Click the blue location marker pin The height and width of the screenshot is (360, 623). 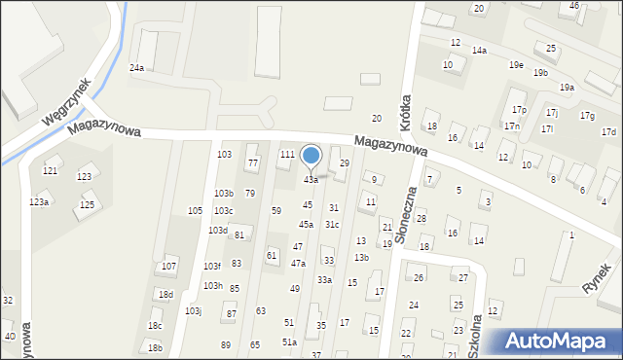(x=311, y=157)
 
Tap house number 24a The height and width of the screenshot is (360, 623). (x=137, y=67)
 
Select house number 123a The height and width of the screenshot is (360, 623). (x=39, y=201)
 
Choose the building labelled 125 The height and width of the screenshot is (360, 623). (x=87, y=204)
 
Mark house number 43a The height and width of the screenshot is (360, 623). (x=311, y=180)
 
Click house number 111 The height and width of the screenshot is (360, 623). (x=287, y=155)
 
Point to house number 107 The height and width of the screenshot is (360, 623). (x=168, y=266)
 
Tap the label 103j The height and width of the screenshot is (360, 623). (x=193, y=310)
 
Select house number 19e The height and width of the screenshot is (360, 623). (x=516, y=64)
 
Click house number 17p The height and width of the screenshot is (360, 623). (x=519, y=110)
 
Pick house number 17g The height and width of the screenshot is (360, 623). (x=587, y=116)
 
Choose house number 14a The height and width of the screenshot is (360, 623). (x=479, y=50)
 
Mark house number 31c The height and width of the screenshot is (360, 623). (x=332, y=224)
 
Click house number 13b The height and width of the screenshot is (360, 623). (x=361, y=257)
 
